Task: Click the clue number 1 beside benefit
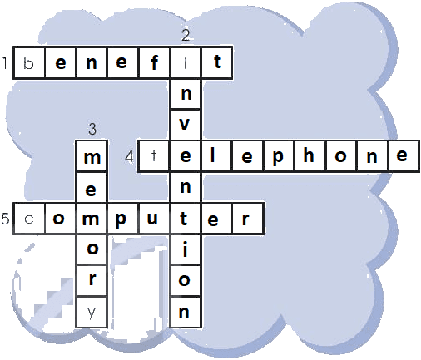pos(5,63)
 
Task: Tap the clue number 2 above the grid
pos(186,35)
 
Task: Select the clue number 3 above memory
pos(92,129)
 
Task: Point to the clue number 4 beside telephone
pos(129,157)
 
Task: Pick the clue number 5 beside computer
pos(5,219)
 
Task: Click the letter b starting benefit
pos(28,63)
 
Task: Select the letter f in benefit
pos(155,62)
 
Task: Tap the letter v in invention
pos(185,124)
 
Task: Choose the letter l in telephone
pos(213,155)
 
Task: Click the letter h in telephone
pos(309,155)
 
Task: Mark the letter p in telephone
pos(278,158)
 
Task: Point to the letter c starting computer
pos(29,219)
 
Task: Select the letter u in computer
pos(152,219)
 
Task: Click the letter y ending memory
pos(92,313)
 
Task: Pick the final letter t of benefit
pos(218,62)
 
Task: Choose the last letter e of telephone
pos(402,155)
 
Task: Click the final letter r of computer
pos(245,219)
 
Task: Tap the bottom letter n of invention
pos(184,312)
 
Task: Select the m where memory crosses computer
pos(91,219)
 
